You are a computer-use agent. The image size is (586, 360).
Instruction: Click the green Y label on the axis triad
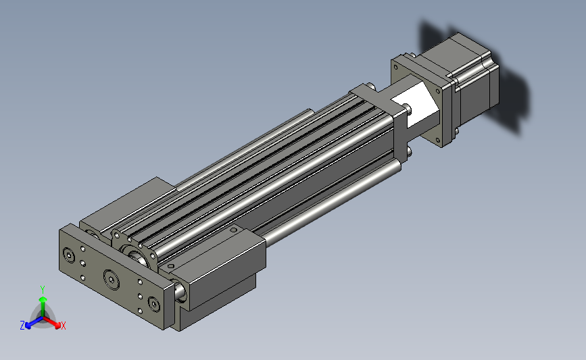tap(42, 290)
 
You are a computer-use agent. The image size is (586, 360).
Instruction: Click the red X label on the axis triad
tap(63, 326)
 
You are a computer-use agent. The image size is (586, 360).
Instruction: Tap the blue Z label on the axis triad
tap(22, 326)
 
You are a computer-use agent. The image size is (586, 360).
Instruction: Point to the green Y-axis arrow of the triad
tap(43, 306)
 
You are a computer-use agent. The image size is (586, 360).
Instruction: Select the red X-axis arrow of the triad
tap(51, 322)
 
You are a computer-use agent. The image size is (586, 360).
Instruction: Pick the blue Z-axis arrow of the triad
tap(34, 322)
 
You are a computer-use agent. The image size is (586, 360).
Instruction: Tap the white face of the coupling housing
tap(415, 105)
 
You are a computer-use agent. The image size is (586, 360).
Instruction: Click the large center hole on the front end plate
tap(112, 280)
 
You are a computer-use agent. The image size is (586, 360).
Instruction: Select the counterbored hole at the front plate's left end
tap(69, 255)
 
